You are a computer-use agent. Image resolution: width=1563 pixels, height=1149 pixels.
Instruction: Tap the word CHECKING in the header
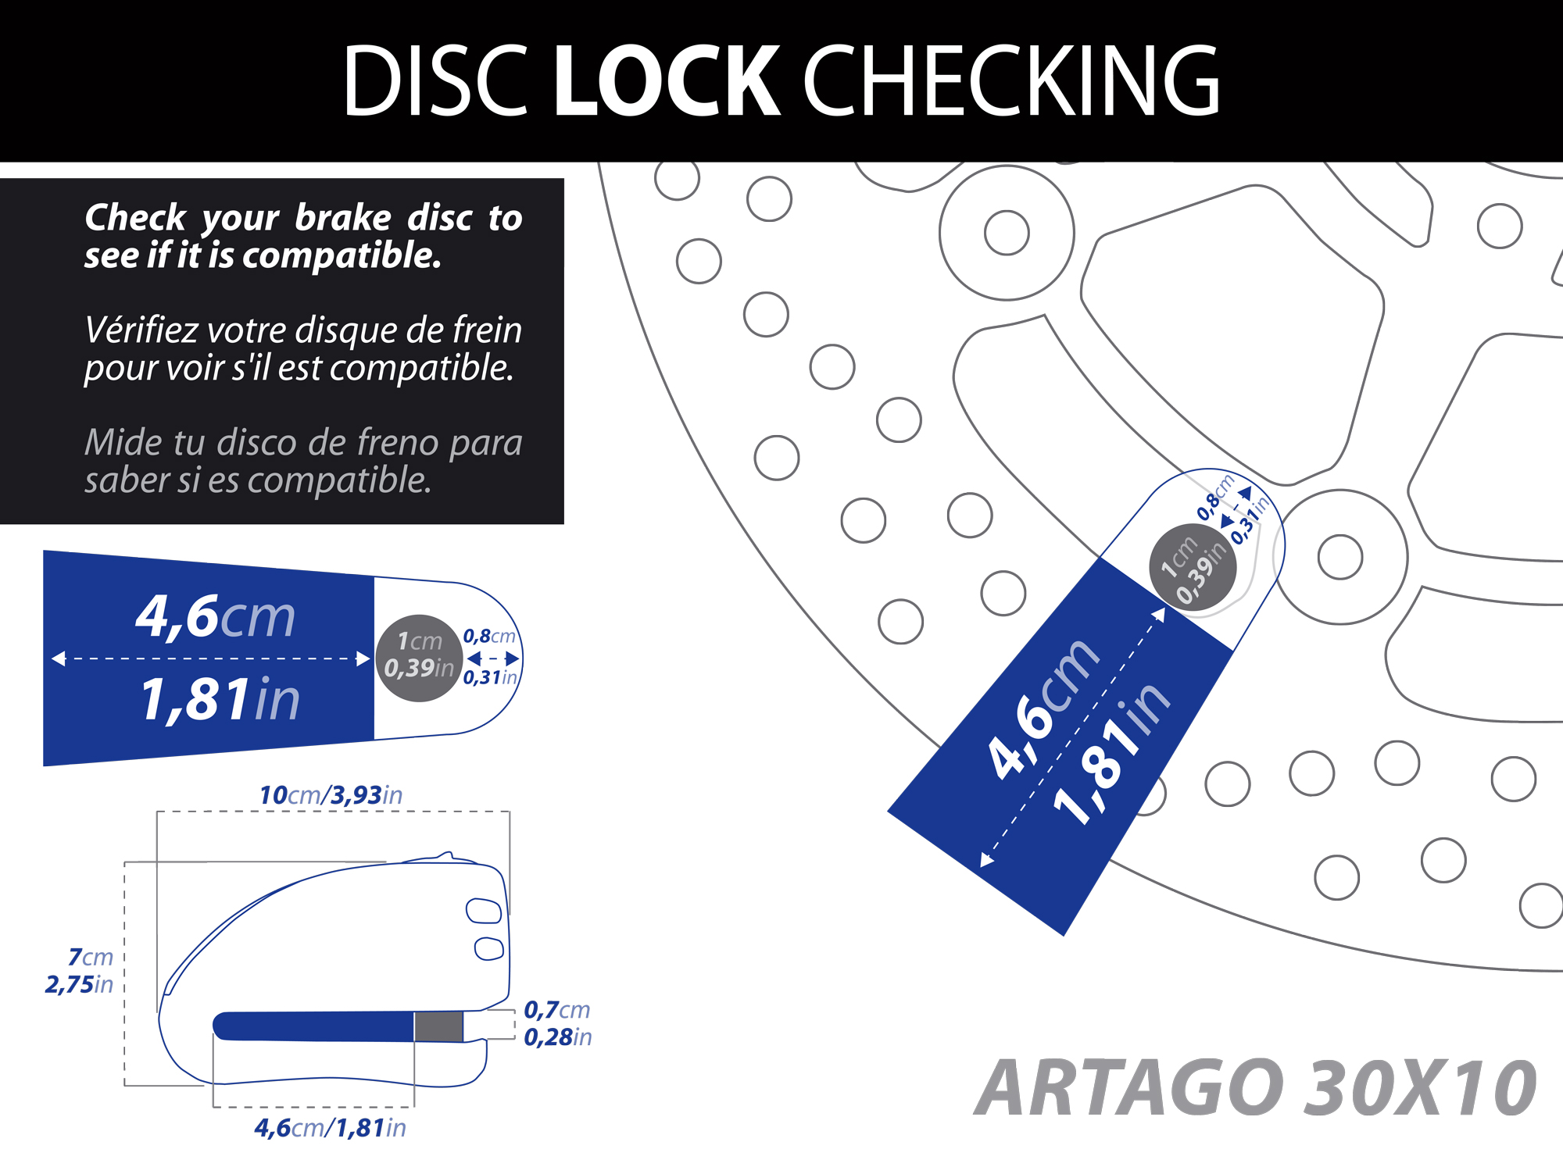coord(1011,80)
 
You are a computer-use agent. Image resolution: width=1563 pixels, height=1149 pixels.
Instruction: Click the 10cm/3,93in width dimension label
coord(331,795)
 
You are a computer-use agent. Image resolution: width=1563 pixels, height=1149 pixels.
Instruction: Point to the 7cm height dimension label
coord(91,957)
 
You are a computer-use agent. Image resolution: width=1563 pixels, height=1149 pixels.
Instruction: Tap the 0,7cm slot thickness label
coord(556,1009)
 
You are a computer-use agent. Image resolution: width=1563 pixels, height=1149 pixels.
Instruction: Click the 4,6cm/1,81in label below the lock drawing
coord(330,1128)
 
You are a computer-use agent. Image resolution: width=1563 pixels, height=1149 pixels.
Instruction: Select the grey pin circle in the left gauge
coord(419,658)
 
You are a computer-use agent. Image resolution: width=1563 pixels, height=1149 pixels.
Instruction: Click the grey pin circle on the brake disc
coord(1193,567)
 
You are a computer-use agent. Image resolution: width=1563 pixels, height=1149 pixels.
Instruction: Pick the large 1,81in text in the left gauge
coord(220,699)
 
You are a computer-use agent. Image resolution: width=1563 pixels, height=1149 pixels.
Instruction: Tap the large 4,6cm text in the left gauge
coord(216,616)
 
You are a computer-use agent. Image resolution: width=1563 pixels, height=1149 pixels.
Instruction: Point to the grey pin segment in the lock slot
coord(438,1026)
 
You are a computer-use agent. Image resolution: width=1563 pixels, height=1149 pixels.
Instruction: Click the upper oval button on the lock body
coord(484,911)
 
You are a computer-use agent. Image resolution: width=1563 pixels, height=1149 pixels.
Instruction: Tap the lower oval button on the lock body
coord(489,947)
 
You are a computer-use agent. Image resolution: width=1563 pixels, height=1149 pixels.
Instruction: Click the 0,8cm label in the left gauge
coord(489,636)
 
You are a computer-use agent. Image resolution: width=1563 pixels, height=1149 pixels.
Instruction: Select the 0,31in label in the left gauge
coord(490,677)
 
